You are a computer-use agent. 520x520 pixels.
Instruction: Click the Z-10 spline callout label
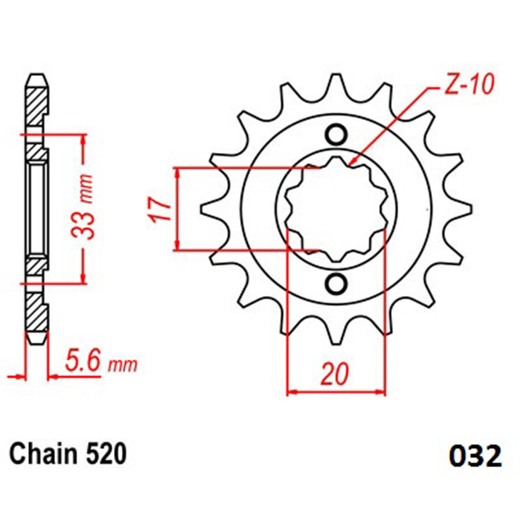[x=468, y=84]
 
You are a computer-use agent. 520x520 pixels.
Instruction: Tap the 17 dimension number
[x=160, y=209]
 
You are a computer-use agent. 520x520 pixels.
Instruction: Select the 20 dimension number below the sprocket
[x=335, y=374]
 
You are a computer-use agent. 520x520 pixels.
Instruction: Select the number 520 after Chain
[x=107, y=454]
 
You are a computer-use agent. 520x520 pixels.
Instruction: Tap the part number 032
[x=475, y=457]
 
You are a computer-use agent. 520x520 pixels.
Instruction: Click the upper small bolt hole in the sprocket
[x=336, y=135]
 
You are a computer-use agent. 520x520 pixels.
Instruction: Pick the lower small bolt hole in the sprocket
[x=336, y=283]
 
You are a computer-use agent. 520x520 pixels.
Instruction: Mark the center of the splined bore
[x=337, y=209]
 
